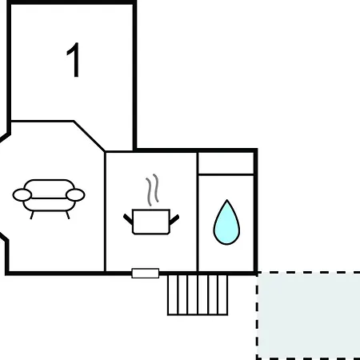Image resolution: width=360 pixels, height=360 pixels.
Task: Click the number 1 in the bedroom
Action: (74, 60)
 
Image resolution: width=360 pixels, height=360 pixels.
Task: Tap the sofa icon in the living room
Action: (49, 198)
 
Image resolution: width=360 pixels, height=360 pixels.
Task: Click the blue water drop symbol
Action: (226, 222)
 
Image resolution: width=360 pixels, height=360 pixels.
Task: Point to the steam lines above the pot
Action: (152, 190)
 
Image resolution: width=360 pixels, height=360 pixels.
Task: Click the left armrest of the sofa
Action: (22, 194)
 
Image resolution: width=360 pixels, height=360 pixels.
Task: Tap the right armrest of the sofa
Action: (75, 194)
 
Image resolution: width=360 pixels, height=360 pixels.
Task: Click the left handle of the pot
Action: (128, 219)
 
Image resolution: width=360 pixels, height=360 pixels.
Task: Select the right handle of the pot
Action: (174, 219)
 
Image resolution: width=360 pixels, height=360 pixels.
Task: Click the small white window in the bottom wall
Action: (146, 274)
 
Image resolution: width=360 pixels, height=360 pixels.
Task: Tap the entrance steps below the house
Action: (198, 295)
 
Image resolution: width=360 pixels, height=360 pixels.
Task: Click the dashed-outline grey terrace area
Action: (308, 316)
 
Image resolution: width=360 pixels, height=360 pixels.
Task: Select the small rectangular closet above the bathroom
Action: (226, 163)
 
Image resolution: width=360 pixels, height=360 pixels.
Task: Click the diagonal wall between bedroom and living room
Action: (90, 136)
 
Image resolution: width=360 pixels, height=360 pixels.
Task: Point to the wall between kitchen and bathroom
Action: (198, 212)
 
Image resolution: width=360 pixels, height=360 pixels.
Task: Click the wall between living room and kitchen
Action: (105, 212)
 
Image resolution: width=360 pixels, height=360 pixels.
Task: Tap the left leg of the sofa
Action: (32, 215)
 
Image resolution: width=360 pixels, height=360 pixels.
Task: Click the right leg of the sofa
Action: (68, 215)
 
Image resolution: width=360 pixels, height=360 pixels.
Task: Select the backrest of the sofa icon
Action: (49, 185)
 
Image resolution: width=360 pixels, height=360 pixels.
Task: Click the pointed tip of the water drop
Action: (227, 200)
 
